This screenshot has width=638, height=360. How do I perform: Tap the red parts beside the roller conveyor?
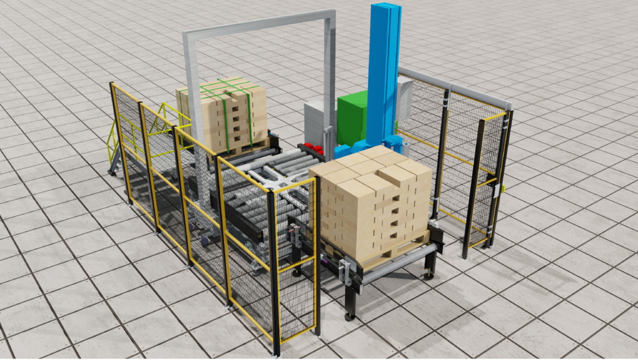click(x=314, y=147)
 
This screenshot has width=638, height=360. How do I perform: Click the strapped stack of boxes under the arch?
click(x=223, y=113)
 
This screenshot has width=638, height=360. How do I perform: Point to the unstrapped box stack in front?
click(x=372, y=199)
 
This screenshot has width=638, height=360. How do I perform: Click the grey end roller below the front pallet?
click(x=399, y=260)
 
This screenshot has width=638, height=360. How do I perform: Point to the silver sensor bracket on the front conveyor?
click(x=345, y=272)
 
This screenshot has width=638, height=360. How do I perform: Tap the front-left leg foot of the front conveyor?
click(x=349, y=317)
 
